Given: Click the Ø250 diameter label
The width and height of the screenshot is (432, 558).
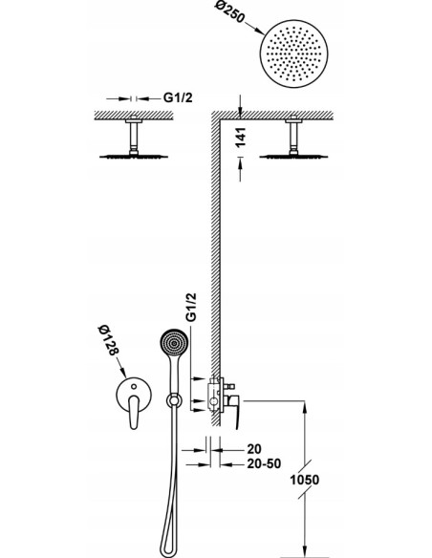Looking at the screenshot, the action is click(230, 12).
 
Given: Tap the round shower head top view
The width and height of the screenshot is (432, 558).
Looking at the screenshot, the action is click(294, 54).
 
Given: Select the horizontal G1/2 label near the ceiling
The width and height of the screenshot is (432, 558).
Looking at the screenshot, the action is click(178, 97).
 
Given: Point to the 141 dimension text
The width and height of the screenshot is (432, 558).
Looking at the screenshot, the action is click(241, 137).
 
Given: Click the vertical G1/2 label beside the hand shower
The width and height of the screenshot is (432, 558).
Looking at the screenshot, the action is click(191, 308).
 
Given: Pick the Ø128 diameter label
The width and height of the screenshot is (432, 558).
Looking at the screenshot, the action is click(108, 340).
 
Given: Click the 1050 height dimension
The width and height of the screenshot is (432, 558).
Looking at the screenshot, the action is click(305, 480).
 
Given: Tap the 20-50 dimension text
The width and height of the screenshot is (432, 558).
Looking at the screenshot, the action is click(264, 463).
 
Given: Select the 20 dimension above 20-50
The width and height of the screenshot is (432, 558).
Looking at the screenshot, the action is click(253, 449).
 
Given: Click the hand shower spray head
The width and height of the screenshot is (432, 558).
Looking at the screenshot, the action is click(174, 343).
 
